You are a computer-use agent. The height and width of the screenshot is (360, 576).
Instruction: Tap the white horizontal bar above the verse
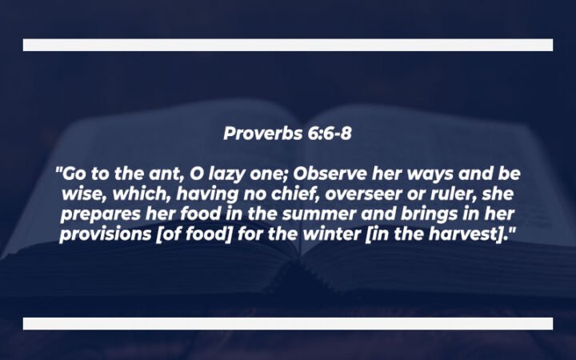[287, 45]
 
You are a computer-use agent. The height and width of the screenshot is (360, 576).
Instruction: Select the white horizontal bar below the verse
[287, 323]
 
